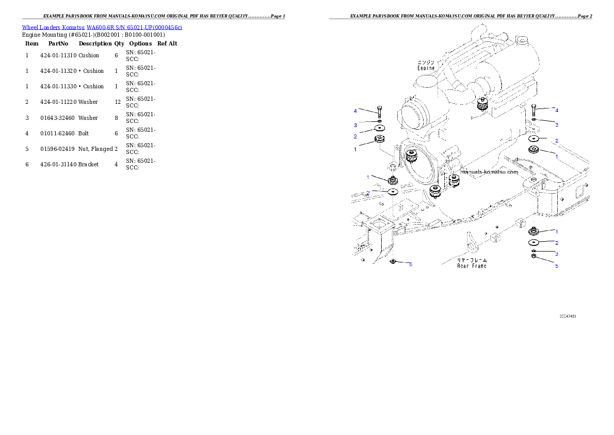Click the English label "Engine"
click(426, 68)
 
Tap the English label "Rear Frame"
click(472, 266)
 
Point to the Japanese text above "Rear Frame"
click(472, 260)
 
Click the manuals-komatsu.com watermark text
click(489, 173)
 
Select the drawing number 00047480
click(568, 316)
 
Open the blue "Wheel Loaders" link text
click(41, 27)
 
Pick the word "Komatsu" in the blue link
click(74, 27)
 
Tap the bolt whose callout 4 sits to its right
click(534, 110)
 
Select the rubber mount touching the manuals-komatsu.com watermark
click(454, 180)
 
